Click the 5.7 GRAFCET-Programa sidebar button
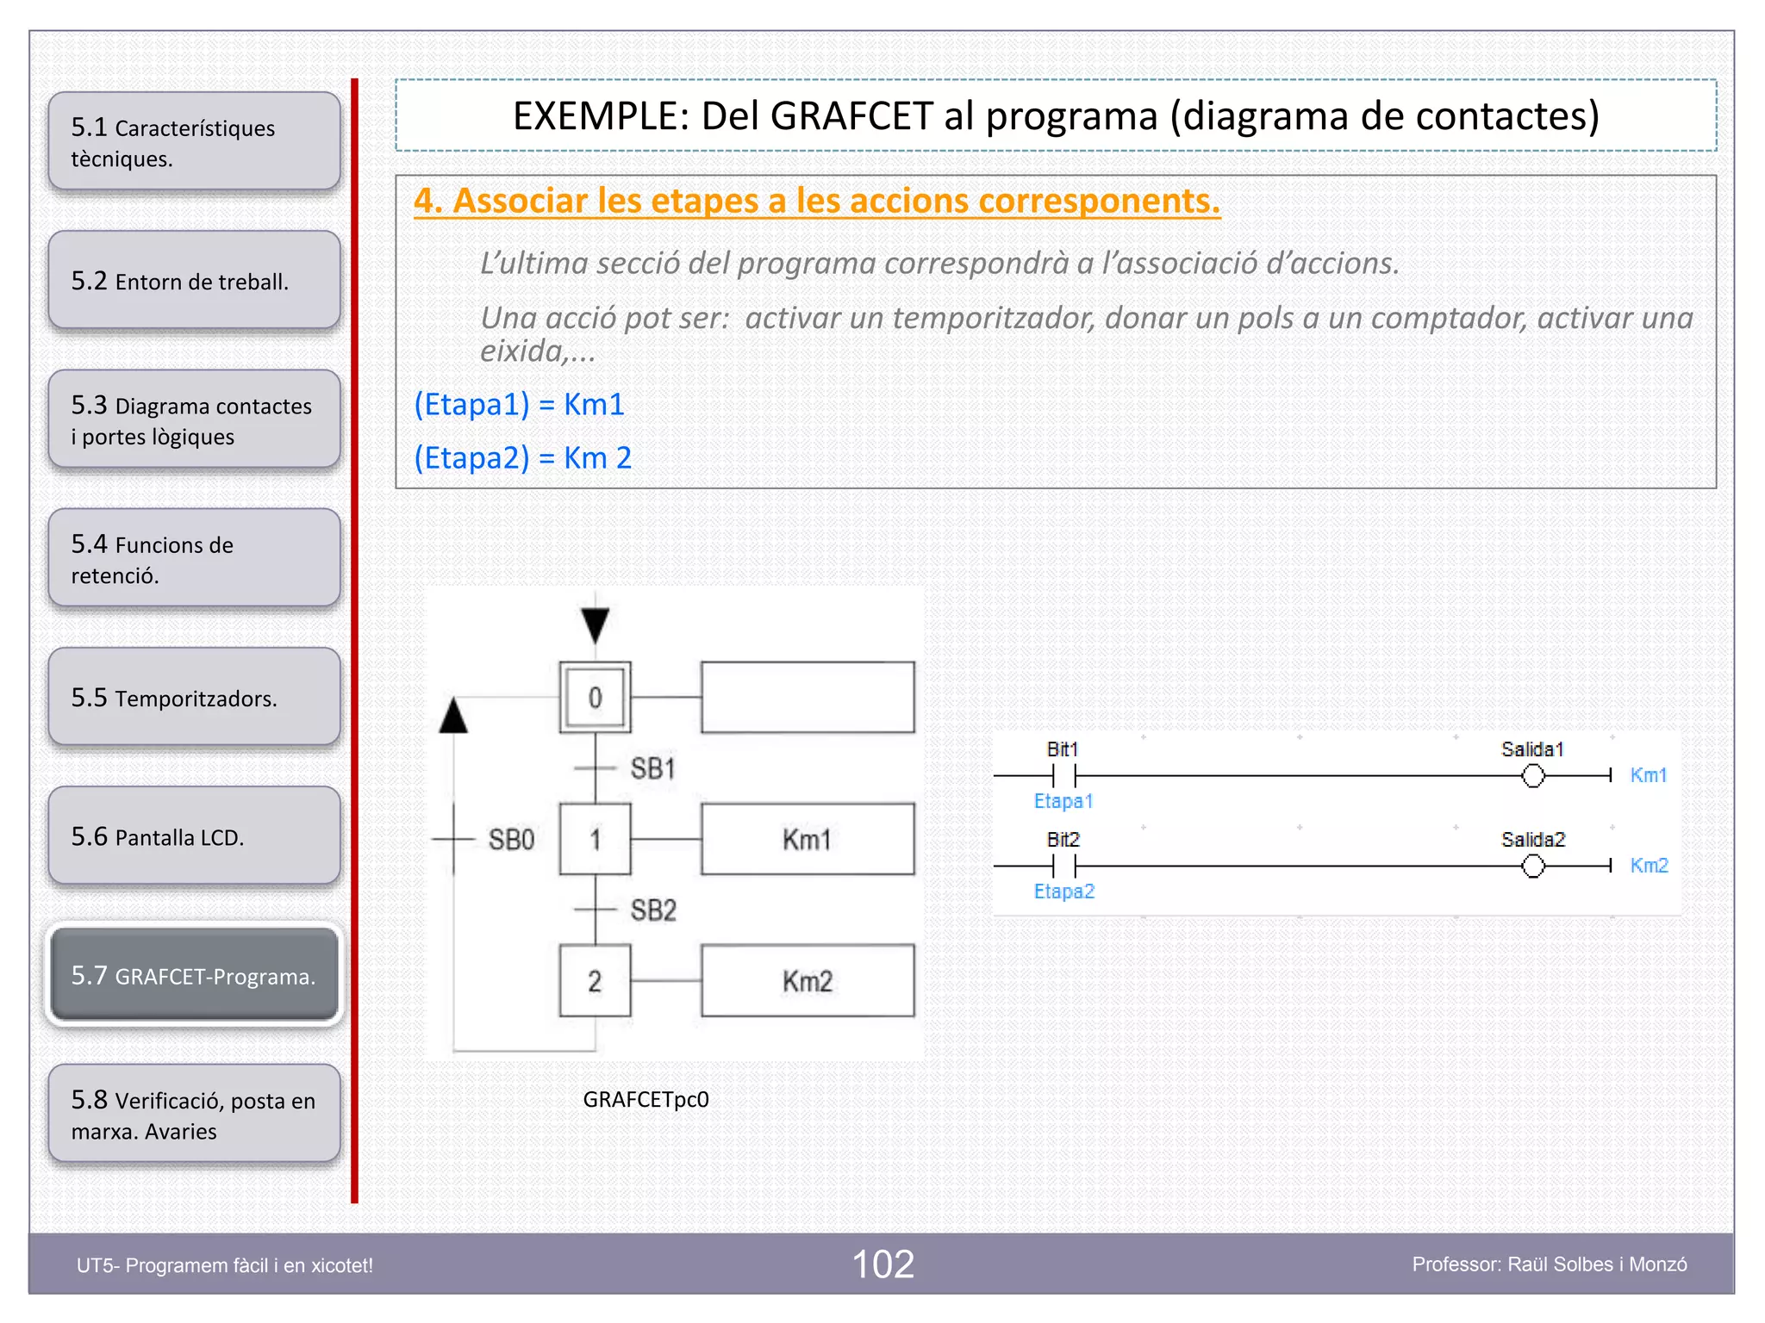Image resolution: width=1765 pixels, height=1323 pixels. coord(194,975)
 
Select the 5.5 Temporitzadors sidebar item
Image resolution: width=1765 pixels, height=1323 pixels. coord(194,697)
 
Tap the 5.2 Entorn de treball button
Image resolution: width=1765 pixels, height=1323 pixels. coord(194,281)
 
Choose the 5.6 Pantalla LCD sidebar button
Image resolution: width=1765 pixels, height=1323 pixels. coord(194,835)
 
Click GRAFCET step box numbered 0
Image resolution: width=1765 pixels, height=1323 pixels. coord(595,697)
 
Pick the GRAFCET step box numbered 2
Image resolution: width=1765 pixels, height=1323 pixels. coord(595,980)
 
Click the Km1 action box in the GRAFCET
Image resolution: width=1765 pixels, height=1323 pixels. coord(808,839)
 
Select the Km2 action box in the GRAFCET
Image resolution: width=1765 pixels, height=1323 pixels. coord(808,980)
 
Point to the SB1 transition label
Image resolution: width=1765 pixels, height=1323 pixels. coord(652,768)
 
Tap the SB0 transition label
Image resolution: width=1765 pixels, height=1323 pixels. coord(511,839)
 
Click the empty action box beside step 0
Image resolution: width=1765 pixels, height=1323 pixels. coord(808,697)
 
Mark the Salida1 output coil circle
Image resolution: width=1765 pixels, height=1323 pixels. coord(1532,776)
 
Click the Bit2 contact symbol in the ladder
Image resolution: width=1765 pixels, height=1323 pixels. coord(1064,866)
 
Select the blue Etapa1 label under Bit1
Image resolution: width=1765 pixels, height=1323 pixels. coord(1063,801)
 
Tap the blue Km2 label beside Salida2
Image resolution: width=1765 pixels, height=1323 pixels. coord(1649,865)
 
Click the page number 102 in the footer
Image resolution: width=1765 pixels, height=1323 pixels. coord(882,1264)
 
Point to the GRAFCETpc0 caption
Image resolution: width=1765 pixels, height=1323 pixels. coord(646,1099)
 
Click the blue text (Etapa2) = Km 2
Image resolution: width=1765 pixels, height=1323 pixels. coord(522,457)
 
